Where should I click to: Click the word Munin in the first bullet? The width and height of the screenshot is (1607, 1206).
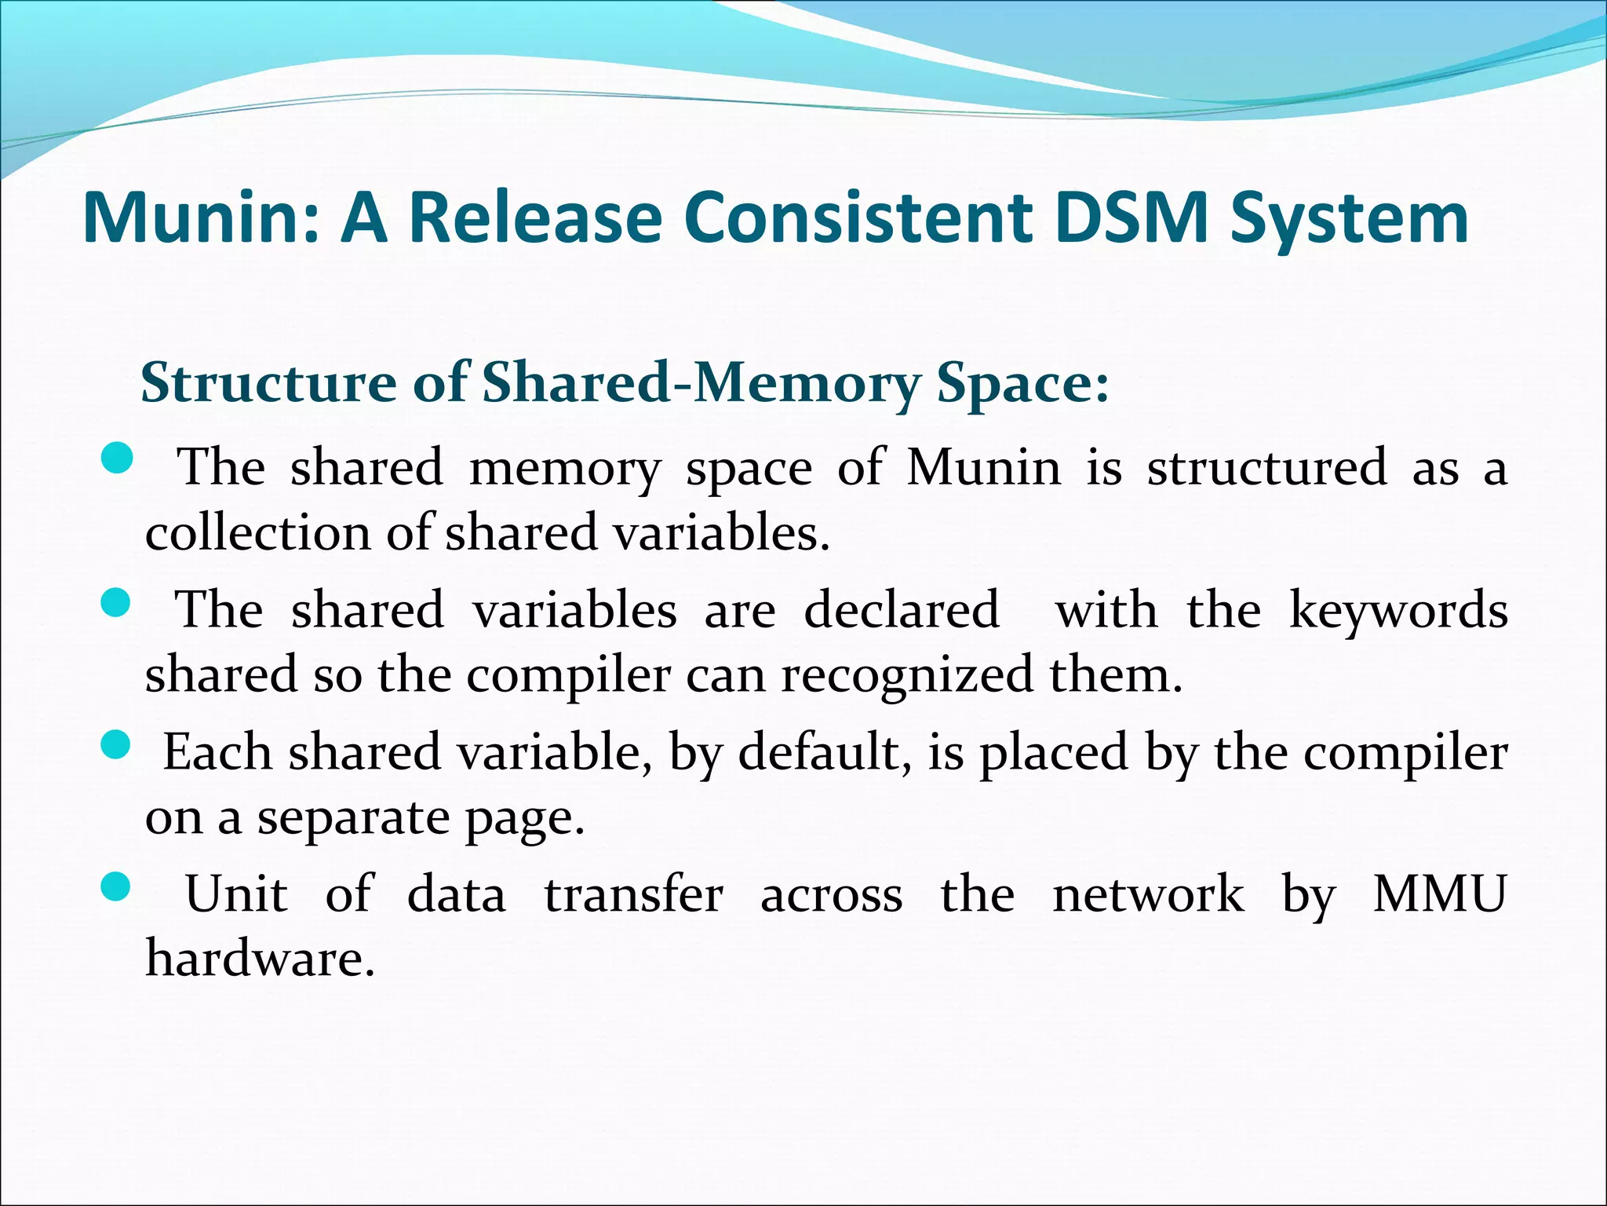pos(984,468)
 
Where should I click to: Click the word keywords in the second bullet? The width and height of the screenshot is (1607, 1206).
pos(1398,611)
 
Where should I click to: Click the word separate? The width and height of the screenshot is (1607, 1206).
pos(353,818)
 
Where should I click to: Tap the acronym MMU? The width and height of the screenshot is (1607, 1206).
pos(1440,894)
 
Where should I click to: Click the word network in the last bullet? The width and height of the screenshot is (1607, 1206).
pos(1148,894)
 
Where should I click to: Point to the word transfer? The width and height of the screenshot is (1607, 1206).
pos(633,894)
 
